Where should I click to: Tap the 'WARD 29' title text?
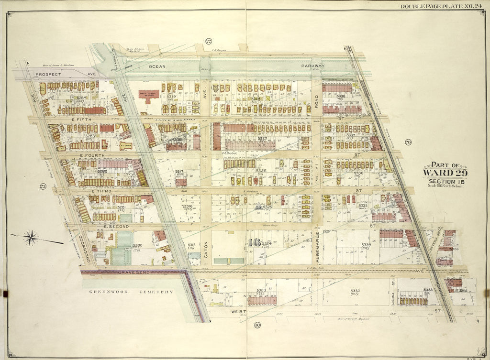445,173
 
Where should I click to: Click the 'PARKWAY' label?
312,66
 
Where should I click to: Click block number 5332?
355,291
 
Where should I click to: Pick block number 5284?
81,98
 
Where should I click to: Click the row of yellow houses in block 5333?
413,301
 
